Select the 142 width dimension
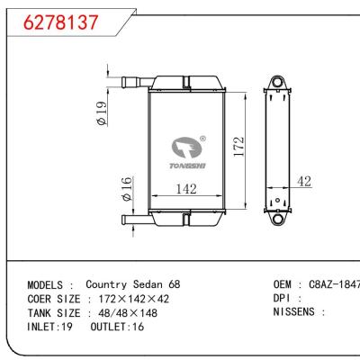(186, 189)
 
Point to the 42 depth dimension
(303, 182)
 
